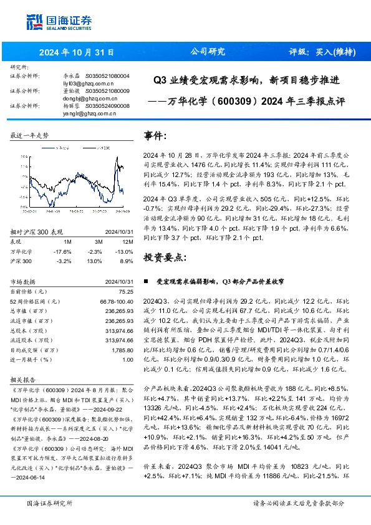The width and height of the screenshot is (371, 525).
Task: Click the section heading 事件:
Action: pos(156,135)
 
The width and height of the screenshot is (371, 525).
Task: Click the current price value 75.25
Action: pos(126,291)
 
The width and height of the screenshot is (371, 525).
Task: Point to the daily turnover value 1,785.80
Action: pos(122,351)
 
